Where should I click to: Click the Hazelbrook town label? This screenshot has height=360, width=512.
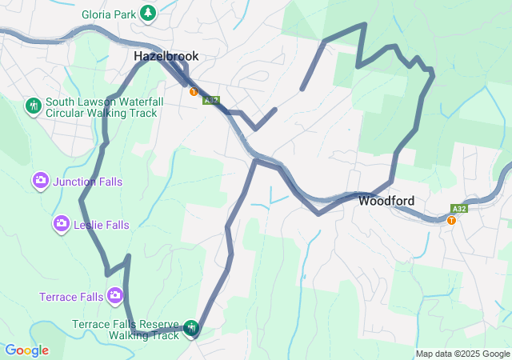[x=166, y=57]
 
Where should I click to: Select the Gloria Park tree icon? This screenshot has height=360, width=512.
[x=148, y=13]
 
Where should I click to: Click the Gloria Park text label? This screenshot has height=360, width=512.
[x=108, y=14]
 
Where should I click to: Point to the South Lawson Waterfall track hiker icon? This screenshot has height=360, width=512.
[x=33, y=105]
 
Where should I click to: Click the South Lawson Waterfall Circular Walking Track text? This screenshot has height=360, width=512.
[x=104, y=107]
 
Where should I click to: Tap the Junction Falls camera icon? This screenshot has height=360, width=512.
[x=41, y=182]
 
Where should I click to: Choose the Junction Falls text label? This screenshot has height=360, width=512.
[x=87, y=182]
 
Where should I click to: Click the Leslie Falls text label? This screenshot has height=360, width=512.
[x=101, y=226]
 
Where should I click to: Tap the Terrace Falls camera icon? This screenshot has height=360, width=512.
[x=115, y=297]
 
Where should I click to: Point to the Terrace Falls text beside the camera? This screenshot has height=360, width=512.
[x=71, y=297]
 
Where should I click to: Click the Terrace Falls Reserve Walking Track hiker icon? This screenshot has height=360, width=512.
[x=191, y=327]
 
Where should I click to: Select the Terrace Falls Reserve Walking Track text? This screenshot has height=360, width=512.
[x=126, y=330]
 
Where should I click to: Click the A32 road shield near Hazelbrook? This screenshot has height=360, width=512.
[x=210, y=101]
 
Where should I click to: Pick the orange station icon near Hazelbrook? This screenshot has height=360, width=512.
[x=194, y=92]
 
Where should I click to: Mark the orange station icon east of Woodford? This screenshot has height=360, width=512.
[x=452, y=221]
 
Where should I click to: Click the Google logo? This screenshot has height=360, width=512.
[x=26, y=350]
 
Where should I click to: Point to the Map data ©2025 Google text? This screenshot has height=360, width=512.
[x=462, y=354]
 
